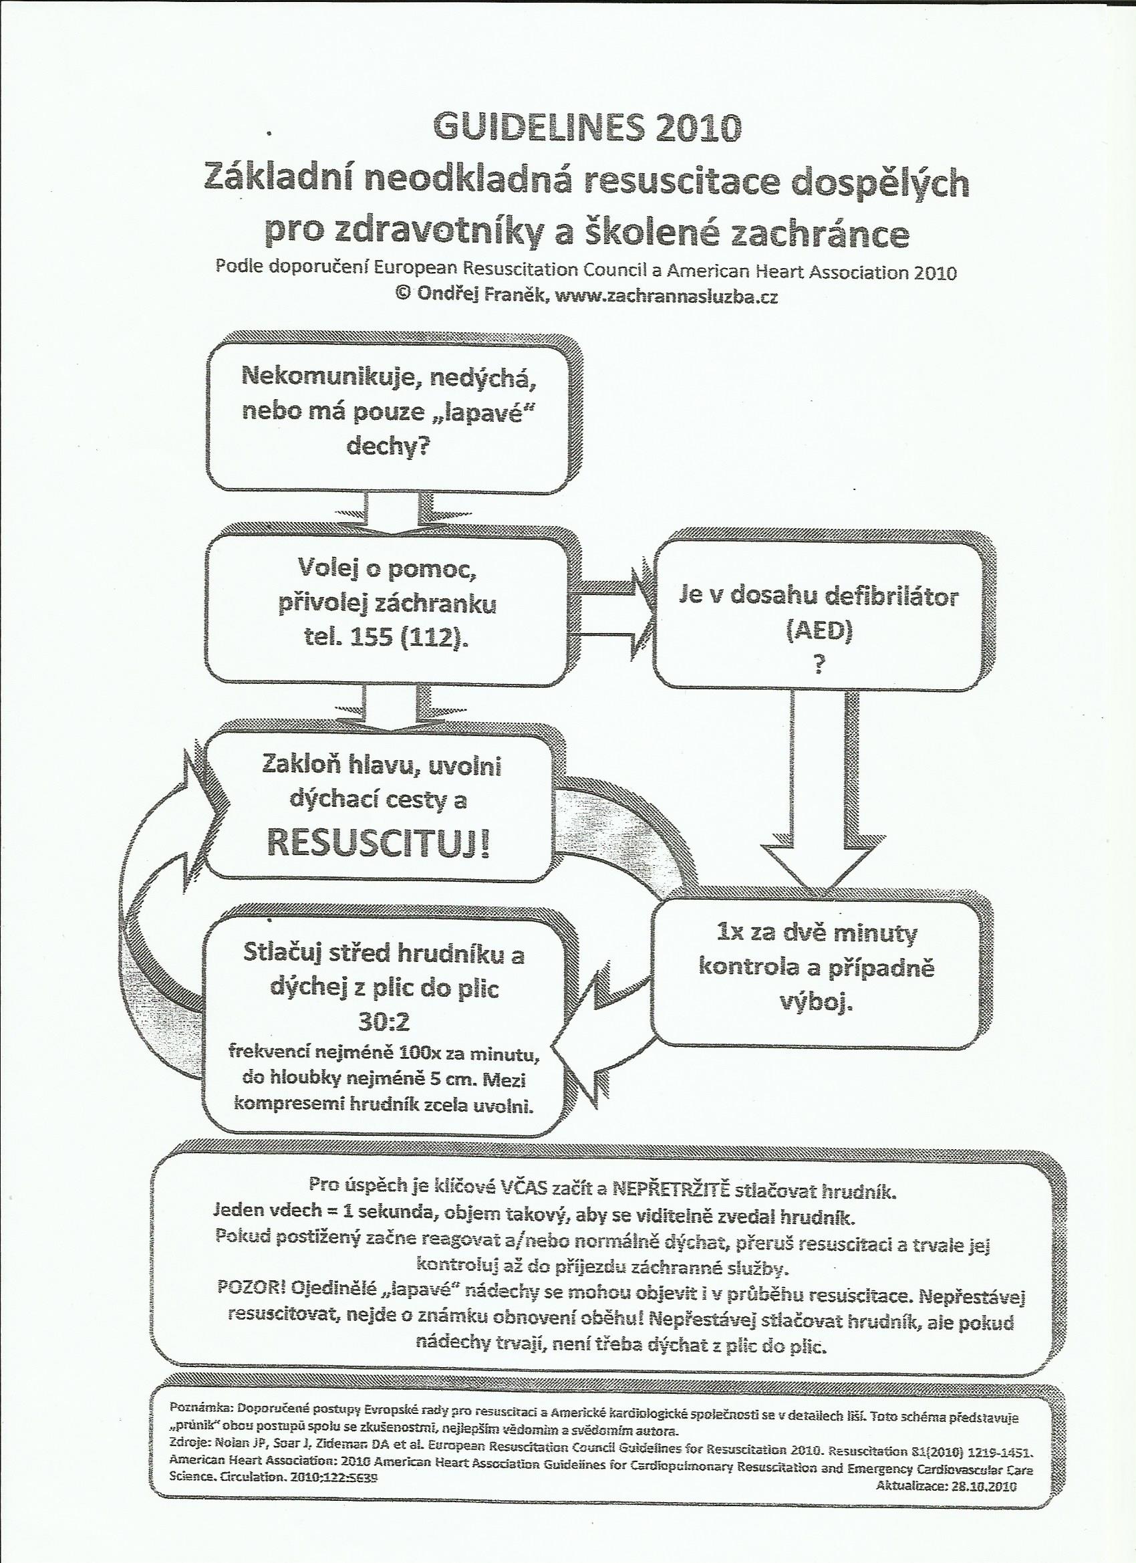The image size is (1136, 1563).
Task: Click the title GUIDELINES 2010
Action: (587, 129)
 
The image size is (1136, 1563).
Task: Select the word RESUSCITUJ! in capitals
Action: (378, 844)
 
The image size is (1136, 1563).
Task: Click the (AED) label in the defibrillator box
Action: (819, 632)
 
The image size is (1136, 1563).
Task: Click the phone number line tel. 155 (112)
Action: (386, 639)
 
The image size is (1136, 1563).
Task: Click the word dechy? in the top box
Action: (388, 448)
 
